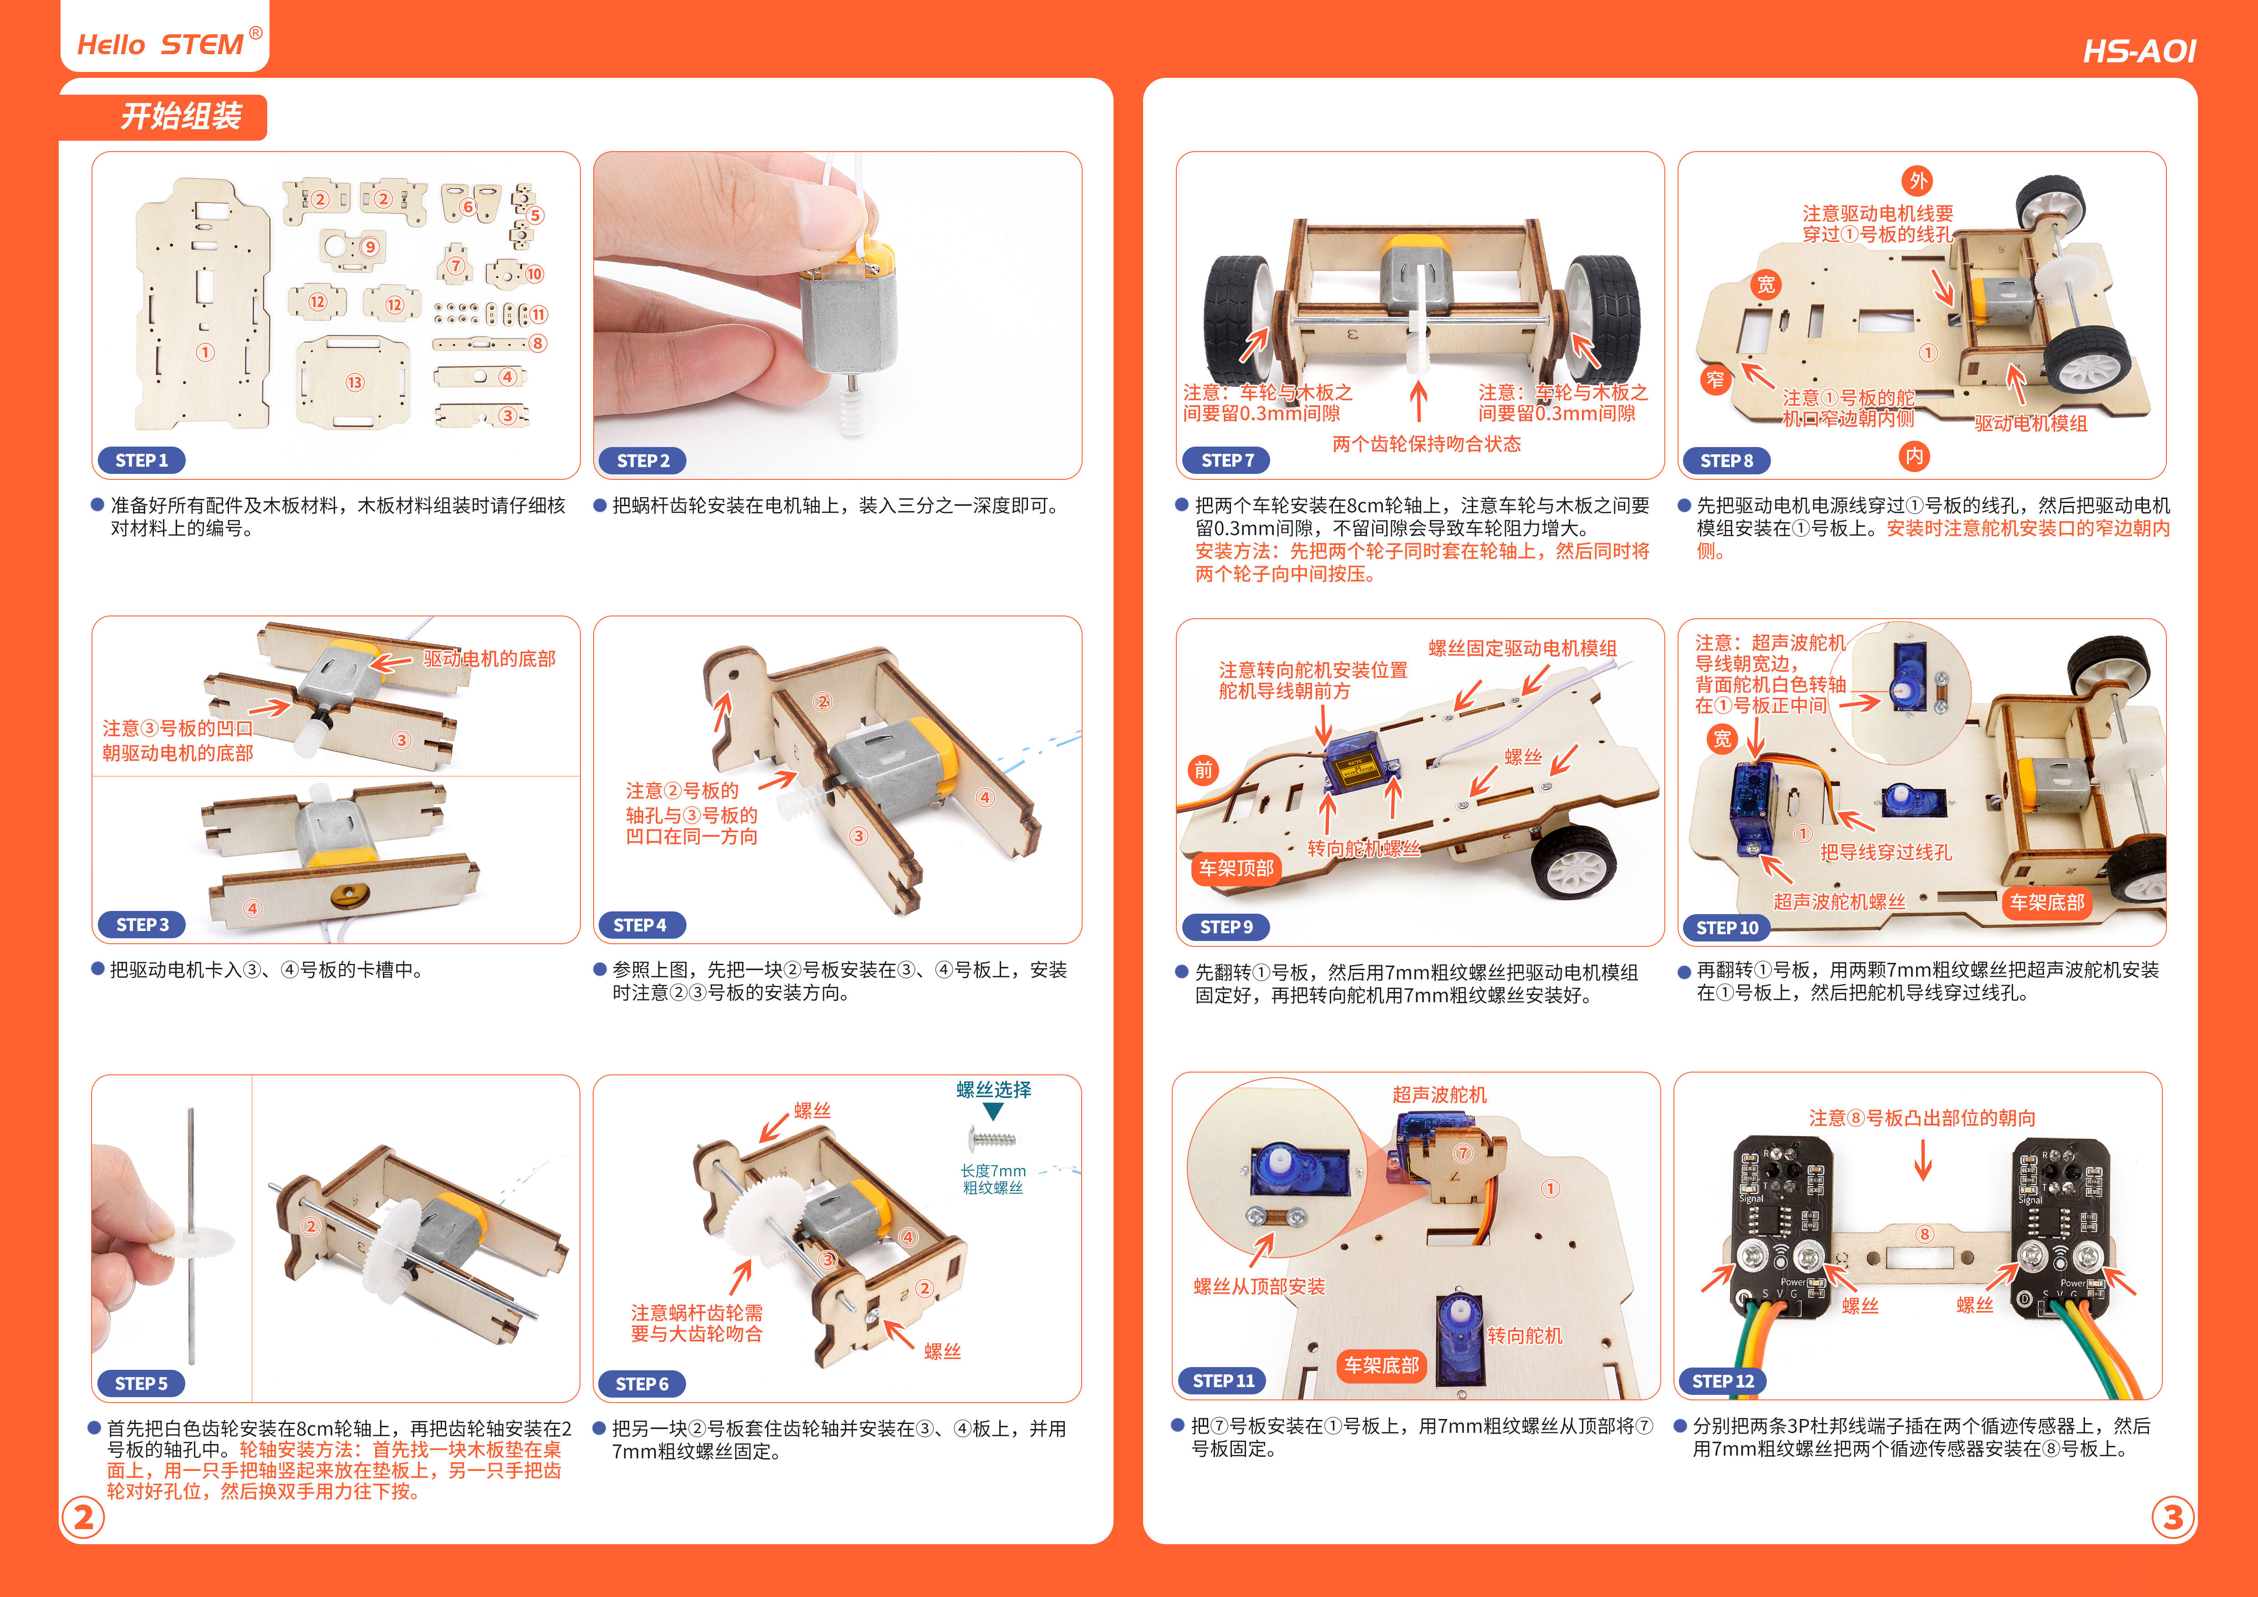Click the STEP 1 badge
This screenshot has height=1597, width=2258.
(x=142, y=460)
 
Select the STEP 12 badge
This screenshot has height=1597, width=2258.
(x=1723, y=1381)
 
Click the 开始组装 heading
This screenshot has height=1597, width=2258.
(x=181, y=116)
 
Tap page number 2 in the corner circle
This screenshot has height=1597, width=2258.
(x=84, y=1517)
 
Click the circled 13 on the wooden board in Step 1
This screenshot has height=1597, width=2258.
(x=355, y=382)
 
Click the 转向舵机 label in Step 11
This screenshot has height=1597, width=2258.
(x=1524, y=1335)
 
